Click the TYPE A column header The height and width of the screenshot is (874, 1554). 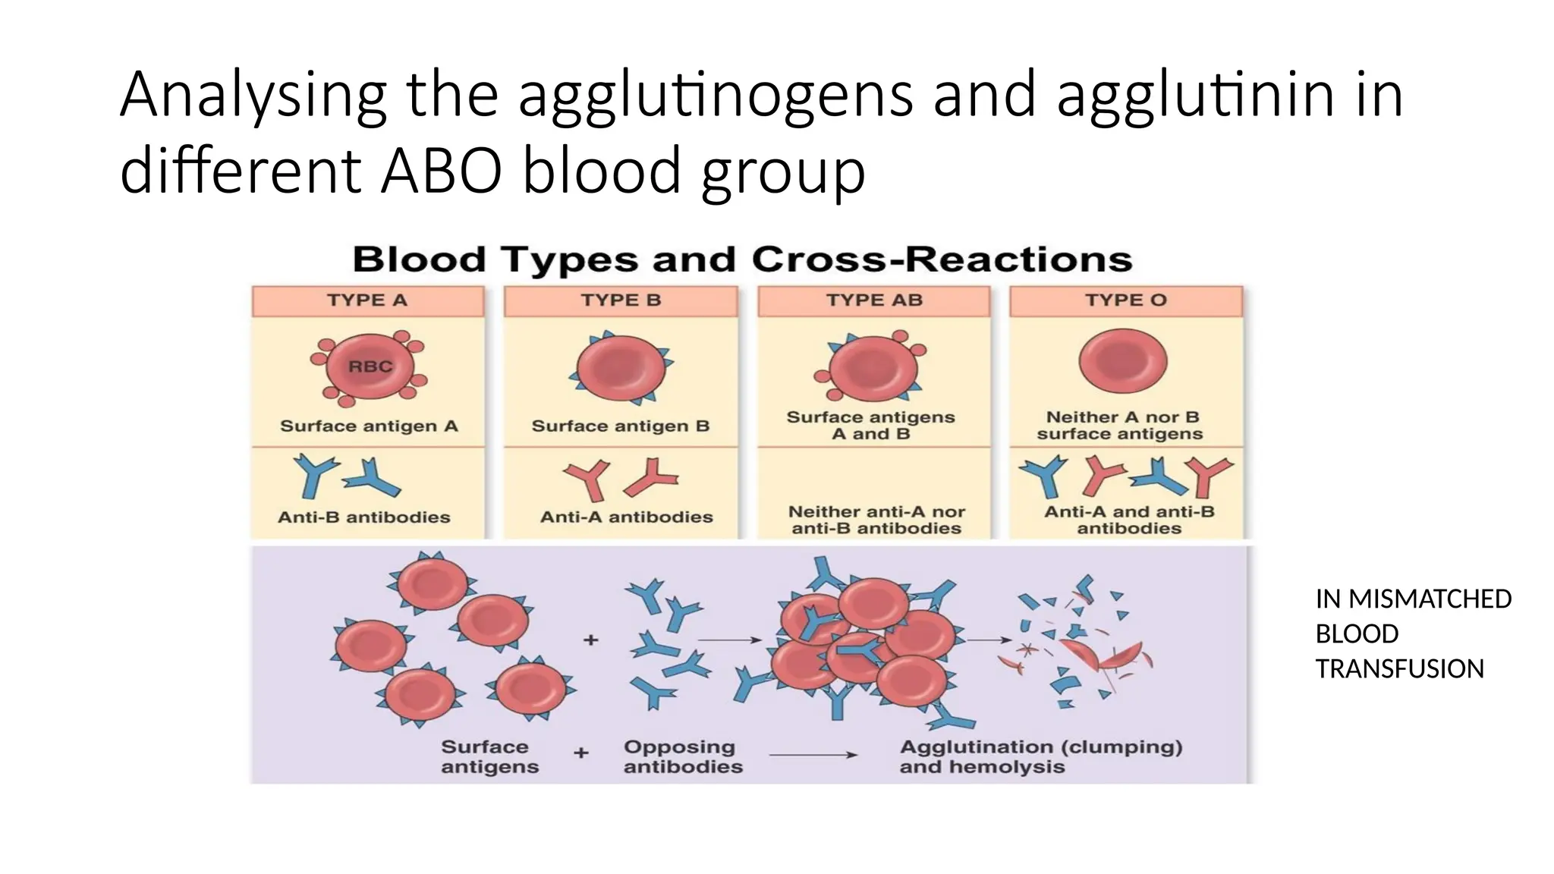coord(367,300)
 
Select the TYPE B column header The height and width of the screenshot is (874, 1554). coord(621,300)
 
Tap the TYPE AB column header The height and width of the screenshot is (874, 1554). coord(874,300)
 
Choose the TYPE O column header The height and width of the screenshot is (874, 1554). coord(1126,300)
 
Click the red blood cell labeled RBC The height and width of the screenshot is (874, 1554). coord(370,367)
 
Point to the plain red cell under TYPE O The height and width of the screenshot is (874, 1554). coord(1123,361)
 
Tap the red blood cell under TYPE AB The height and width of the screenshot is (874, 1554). coord(873,369)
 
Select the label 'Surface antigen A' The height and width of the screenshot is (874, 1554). coord(369,426)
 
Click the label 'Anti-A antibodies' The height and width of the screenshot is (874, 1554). coord(626,517)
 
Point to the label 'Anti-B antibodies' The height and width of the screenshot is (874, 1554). coord(364,517)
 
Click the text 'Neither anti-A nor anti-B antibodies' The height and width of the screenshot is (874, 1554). coord(876,520)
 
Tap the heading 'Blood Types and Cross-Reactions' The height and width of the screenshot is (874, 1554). coord(742,259)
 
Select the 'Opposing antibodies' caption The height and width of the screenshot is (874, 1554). coord(683,756)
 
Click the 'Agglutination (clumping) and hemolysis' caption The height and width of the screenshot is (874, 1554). coord(1040,756)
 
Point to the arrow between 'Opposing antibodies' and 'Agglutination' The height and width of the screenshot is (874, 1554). coord(813,755)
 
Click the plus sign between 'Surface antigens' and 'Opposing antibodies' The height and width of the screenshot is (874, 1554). coord(581,753)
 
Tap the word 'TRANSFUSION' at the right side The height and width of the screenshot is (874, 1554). coord(1399,669)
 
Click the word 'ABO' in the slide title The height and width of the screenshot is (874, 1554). coord(442,171)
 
